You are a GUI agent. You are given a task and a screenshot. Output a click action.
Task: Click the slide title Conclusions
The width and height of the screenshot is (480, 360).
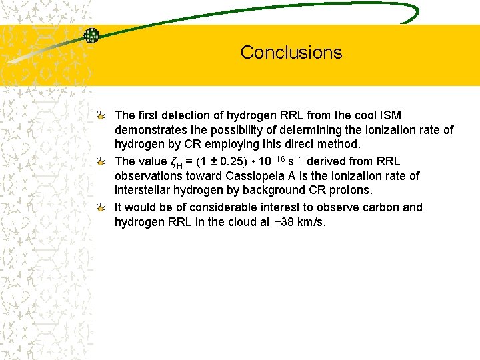click(x=291, y=53)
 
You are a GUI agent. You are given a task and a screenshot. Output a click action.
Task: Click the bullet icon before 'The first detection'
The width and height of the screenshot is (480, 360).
click(x=100, y=116)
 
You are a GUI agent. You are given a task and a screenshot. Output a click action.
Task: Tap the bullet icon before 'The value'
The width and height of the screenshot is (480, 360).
click(x=100, y=161)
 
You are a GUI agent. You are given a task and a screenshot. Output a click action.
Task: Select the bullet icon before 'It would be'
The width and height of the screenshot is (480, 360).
click(x=100, y=207)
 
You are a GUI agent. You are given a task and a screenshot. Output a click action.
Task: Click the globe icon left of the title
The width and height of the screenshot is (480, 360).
click(x=91, y=35)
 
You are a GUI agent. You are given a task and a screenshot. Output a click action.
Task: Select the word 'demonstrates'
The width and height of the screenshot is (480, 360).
click(x=149, y=130)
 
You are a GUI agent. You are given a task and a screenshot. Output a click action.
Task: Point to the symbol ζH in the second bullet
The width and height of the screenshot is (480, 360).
click(x=177, y=162)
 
